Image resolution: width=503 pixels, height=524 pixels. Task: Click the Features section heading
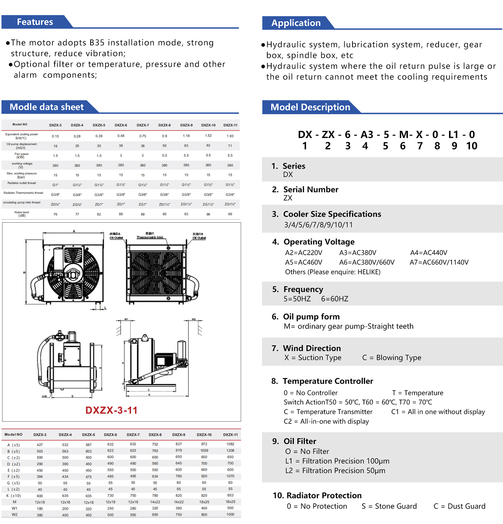(x=35, y=22)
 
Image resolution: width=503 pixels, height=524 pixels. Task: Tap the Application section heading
(x=296, y=23)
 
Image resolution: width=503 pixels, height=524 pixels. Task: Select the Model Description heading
(x=310, y=107)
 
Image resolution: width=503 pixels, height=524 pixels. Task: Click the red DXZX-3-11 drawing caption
(x=111, y=410)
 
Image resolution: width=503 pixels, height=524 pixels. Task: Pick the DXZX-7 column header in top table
(x=143, y=125)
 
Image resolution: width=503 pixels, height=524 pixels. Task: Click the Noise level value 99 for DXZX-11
(x=230, y=214)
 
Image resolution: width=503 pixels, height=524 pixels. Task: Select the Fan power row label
(x=22, y=156)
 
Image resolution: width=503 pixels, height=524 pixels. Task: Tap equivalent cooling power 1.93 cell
(x=230, y=136)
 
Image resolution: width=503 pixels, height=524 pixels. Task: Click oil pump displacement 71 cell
(x=230, y=146)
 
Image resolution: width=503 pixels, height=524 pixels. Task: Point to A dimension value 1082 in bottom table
(x=230, y=444)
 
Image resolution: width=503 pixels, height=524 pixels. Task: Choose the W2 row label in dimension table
(x=14, y=514)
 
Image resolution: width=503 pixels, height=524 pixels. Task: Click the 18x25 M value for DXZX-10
(x=204, y=502)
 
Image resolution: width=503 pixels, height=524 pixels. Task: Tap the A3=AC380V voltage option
(x=357, y=252)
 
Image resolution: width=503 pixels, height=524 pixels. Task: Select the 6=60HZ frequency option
(x=334, y=299)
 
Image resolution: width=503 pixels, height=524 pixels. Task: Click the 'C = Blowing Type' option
(x=392, y=358)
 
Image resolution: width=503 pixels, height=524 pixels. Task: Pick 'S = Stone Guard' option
(x=389, y=506)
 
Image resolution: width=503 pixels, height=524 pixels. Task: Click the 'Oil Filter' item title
(x=300, y=441)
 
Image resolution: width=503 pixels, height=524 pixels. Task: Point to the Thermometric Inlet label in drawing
(x=150, y=237)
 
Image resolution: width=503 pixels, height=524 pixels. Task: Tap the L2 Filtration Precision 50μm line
(x=335, y=470)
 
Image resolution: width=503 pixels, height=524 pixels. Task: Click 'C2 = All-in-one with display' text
(x=326, y=421)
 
